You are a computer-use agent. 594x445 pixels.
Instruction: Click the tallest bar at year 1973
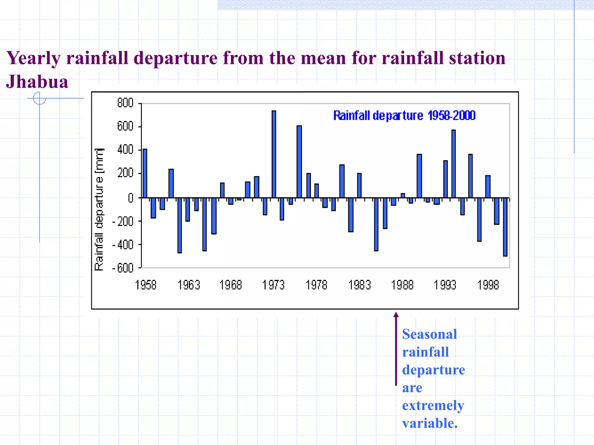point(274,154)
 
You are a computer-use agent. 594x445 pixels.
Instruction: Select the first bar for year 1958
point(145,173)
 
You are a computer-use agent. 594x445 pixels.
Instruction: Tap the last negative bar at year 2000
point(505,227)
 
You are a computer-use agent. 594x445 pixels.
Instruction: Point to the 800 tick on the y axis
point(125,103)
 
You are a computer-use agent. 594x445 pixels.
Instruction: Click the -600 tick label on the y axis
point(123,268)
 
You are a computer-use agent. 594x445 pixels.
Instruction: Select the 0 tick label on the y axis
point(131,198)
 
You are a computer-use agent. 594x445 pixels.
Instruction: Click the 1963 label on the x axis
point(189,285)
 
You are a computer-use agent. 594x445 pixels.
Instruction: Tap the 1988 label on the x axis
point(402,285)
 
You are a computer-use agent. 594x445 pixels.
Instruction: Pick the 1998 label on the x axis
point(488,285)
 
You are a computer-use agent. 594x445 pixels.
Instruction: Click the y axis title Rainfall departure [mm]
point(99,210)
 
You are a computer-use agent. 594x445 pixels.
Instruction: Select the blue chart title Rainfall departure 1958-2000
point(404,116)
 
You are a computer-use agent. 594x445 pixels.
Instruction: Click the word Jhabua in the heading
point(37,82)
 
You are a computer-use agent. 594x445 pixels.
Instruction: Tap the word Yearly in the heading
point(33,58)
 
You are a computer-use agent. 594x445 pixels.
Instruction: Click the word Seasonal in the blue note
point(429,334)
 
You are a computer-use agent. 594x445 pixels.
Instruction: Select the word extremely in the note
point(433,406)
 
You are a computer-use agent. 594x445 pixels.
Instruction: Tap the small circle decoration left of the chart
point(39,98)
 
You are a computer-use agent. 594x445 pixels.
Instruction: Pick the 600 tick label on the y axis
point(125,127)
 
